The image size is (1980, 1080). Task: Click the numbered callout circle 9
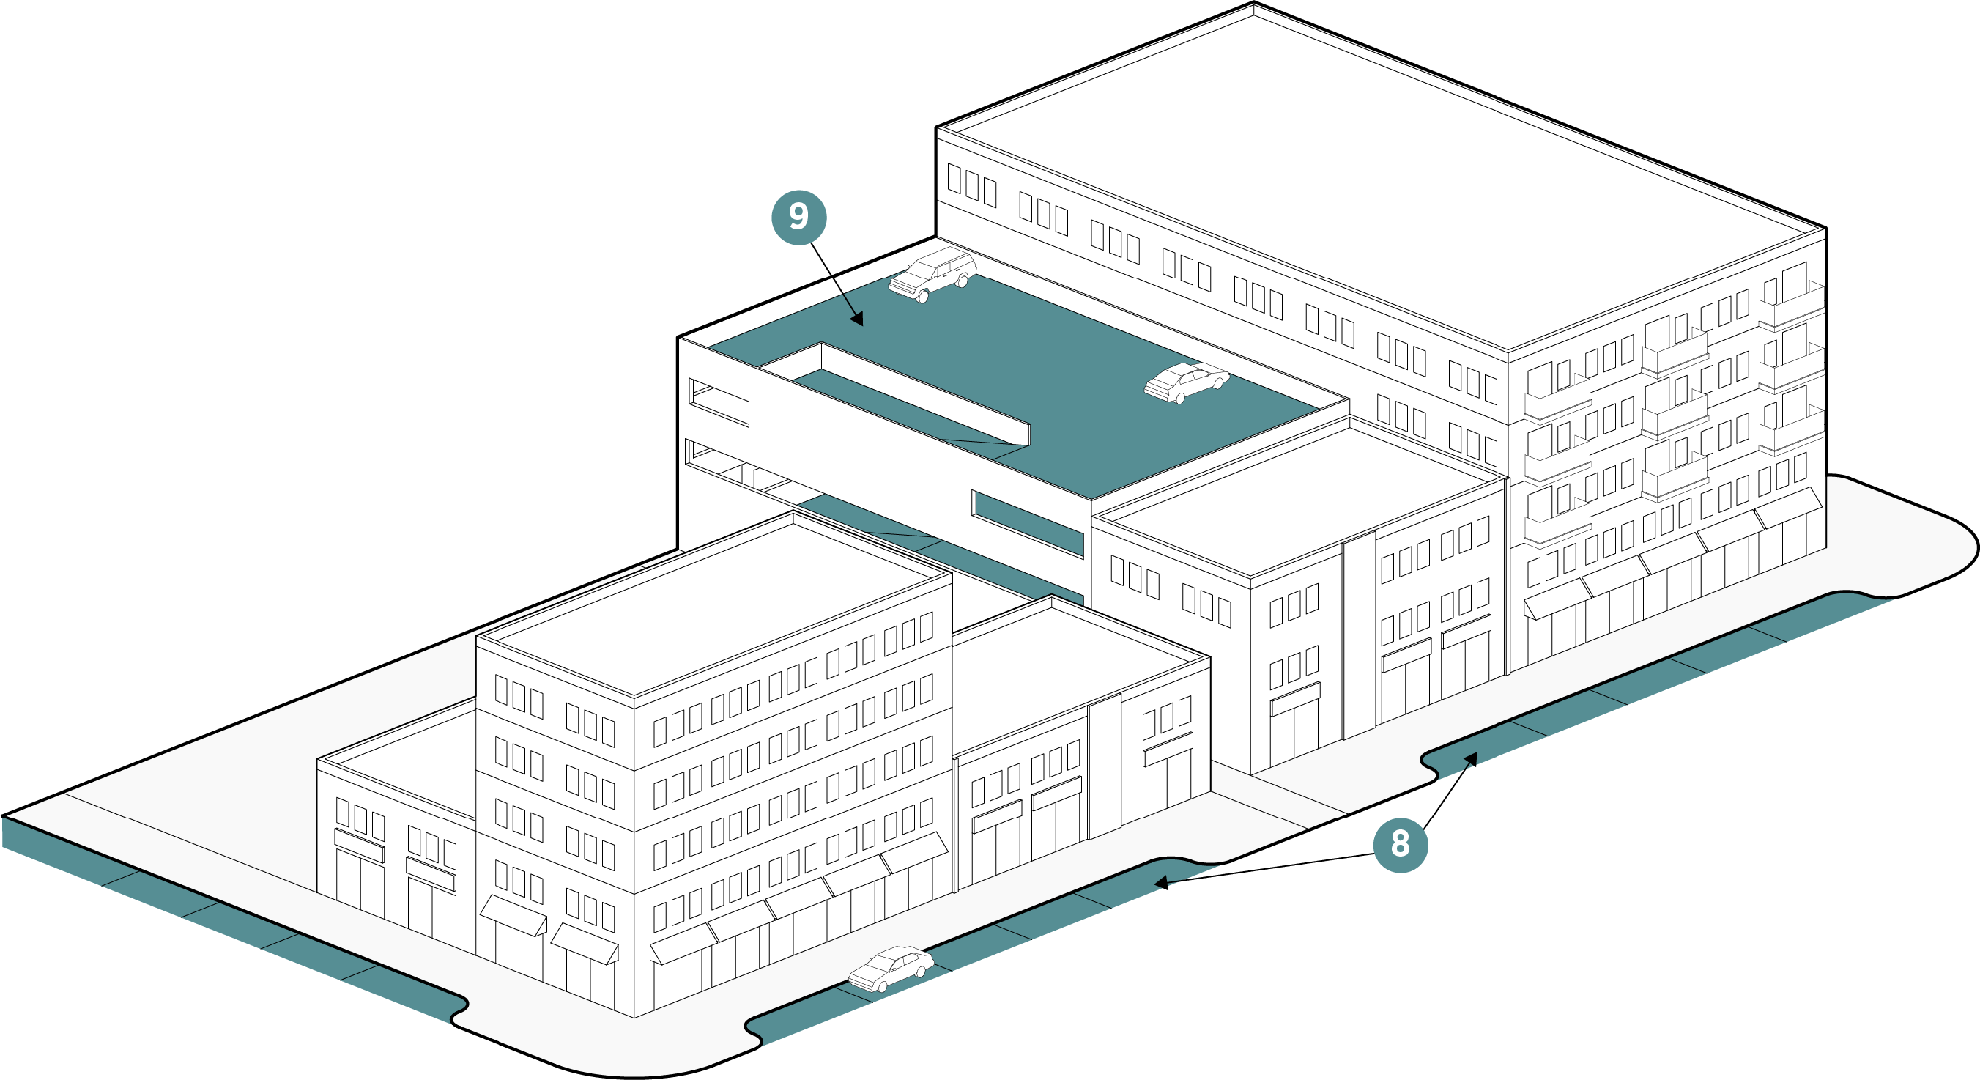click(798, 218)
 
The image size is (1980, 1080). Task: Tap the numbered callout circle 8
click(1401, 844)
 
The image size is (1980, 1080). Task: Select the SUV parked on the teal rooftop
click(932, 275)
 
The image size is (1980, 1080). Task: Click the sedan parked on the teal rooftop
click(1186, 381)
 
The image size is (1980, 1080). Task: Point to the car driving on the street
click(891, 969)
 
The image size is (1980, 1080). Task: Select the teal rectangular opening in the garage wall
click(1028, 523)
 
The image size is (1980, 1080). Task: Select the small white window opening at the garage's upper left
click(719, 402)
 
